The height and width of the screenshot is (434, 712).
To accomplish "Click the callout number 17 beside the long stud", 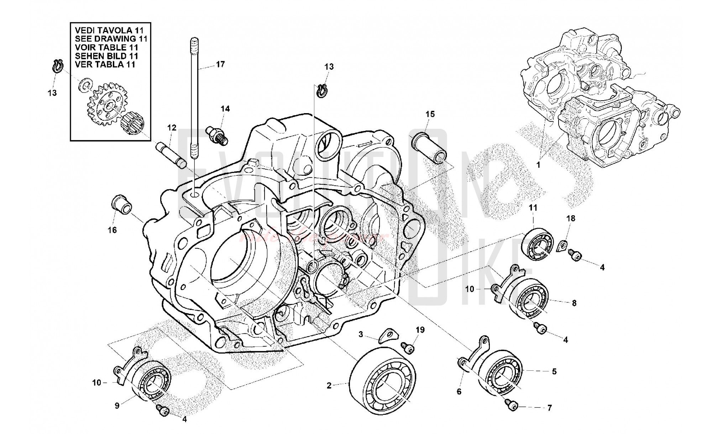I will point(220,64).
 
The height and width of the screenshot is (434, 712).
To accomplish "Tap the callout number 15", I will point(430,114).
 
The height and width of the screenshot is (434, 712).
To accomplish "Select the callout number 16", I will point(112,230).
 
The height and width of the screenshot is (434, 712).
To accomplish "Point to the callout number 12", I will point(172,127).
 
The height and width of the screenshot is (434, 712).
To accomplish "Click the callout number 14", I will point(225,108).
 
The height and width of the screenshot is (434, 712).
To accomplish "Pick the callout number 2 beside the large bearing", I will point(329,385).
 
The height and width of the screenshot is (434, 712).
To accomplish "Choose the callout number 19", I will point(420,330).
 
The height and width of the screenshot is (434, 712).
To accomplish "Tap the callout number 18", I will point(571,218).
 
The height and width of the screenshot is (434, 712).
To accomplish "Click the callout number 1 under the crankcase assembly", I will point(538,165).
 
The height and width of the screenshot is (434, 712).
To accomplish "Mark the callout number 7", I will point(549,408).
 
